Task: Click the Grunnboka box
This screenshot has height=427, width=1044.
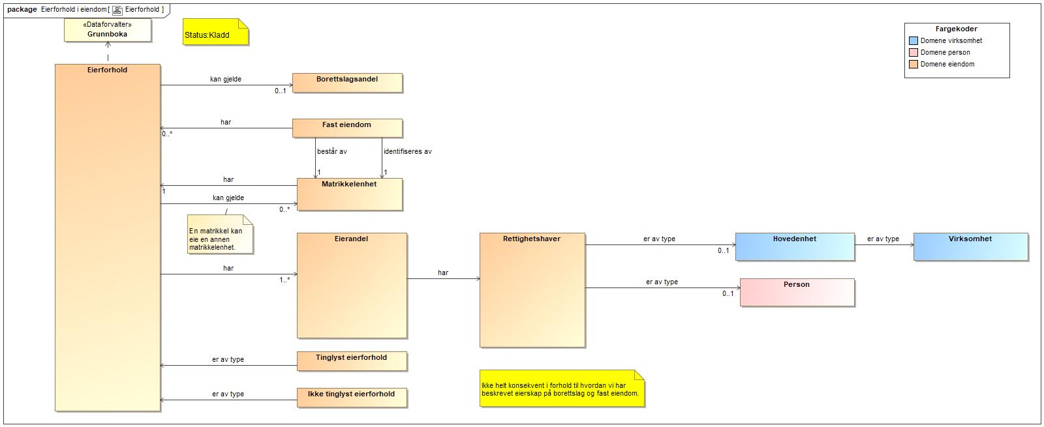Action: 108,30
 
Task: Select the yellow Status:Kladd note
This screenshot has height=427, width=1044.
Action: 215,32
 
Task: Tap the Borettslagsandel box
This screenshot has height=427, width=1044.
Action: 347,83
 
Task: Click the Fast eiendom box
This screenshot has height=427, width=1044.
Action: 347,128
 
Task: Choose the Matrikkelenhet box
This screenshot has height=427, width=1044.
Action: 349,194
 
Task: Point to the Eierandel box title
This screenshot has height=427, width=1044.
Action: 351,239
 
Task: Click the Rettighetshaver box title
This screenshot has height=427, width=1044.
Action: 532,239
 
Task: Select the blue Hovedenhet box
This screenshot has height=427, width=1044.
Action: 794,246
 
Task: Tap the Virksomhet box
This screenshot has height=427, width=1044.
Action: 970,246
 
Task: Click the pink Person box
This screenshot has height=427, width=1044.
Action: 797,292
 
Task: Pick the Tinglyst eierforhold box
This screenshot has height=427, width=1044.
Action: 352,361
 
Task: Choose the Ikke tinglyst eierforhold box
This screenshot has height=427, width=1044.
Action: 352,398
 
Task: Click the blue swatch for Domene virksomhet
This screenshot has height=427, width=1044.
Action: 913,40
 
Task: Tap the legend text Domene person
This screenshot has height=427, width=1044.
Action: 945,52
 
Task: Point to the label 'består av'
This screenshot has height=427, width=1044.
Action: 332,151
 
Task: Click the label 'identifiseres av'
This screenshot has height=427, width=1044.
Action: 407,151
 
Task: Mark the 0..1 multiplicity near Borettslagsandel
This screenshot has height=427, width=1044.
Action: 281,91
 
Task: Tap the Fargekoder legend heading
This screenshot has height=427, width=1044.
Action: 956,29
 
